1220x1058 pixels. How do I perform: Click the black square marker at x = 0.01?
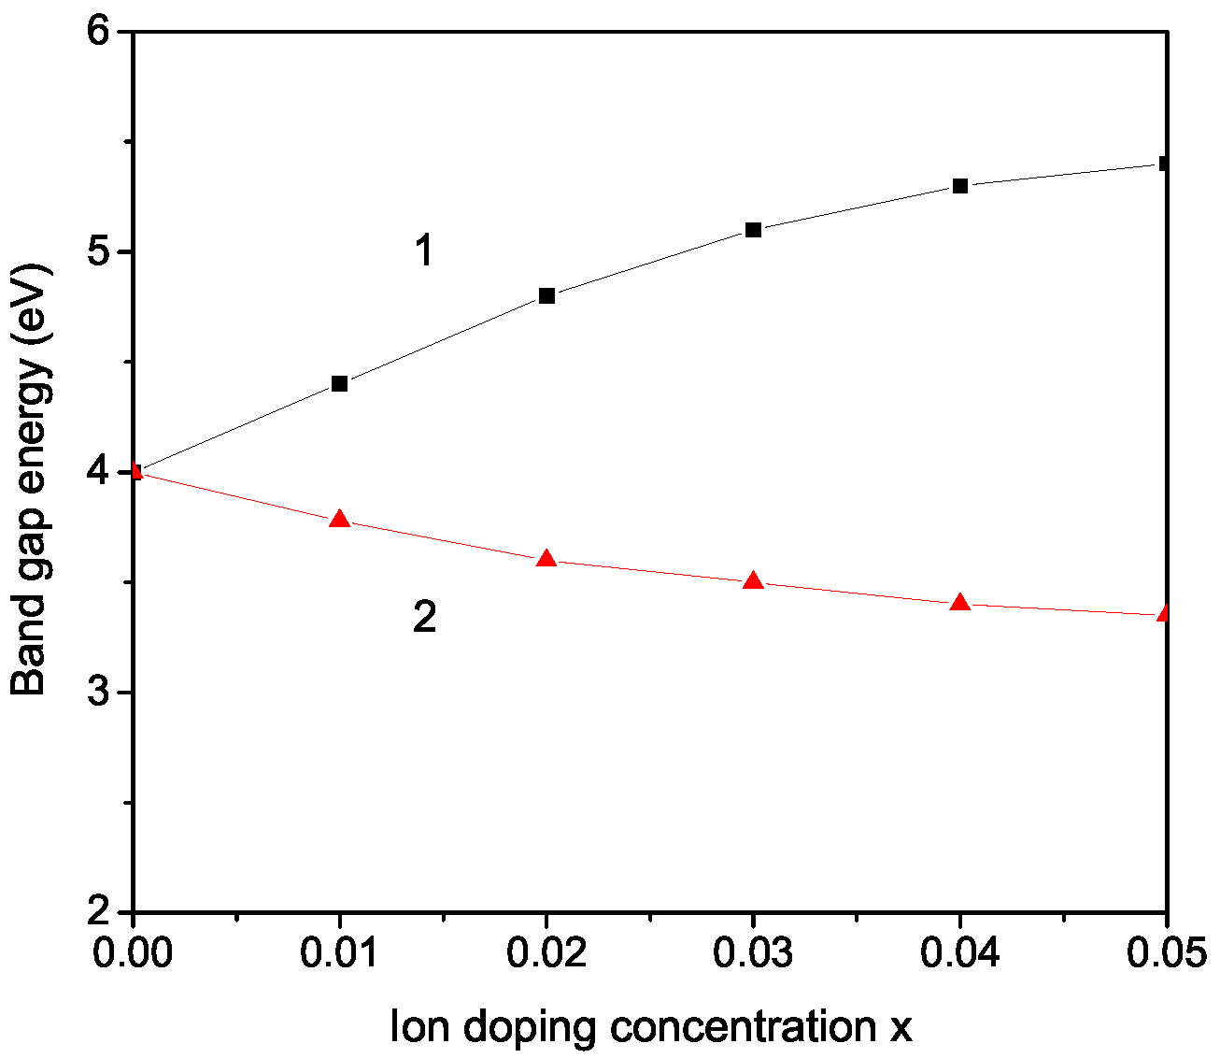(340, 383)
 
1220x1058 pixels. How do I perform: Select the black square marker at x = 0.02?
(547, 295)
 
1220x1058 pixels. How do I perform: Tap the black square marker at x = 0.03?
(754, 230)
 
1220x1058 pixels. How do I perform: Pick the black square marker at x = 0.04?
(960, 186)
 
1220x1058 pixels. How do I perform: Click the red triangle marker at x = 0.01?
(340, 520)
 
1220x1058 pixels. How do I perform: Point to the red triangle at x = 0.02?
(547, 559)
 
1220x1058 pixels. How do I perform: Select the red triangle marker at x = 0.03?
(754, 581)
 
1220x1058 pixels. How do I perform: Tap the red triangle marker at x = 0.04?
(960, 603)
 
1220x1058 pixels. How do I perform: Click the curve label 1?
(424, 251)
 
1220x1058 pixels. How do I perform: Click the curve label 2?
(424, 618)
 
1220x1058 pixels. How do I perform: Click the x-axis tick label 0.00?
(135, 954)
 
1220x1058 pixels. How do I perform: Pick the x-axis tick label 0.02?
(547, 954)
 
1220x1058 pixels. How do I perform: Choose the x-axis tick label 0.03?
(754, 954)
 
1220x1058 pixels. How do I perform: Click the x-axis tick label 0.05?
(1166, 954)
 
